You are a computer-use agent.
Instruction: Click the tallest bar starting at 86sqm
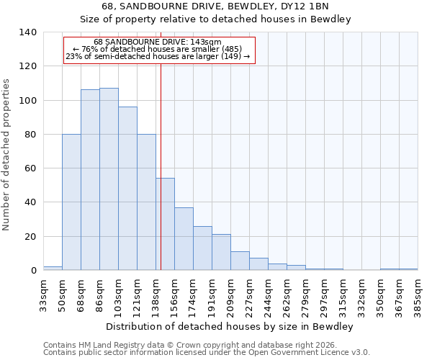[x=109, y=179]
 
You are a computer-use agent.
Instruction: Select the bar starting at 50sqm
[x=71, y=202]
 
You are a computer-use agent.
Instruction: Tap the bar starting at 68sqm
[x=90, y=180]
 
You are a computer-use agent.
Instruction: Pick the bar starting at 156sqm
[x=184, y=238]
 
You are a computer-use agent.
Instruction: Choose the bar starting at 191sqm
[x=221, y=252]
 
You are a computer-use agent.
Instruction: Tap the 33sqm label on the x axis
[x=43, y=294]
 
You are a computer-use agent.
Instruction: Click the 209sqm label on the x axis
[x=230, y=294]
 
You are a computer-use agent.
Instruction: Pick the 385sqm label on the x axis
[x=418, y=294]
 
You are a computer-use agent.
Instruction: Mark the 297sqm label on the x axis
[x=324, y=294]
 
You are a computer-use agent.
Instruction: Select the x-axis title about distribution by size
[x=230, y=326]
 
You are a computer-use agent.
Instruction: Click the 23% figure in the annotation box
[x=73, y=56]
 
